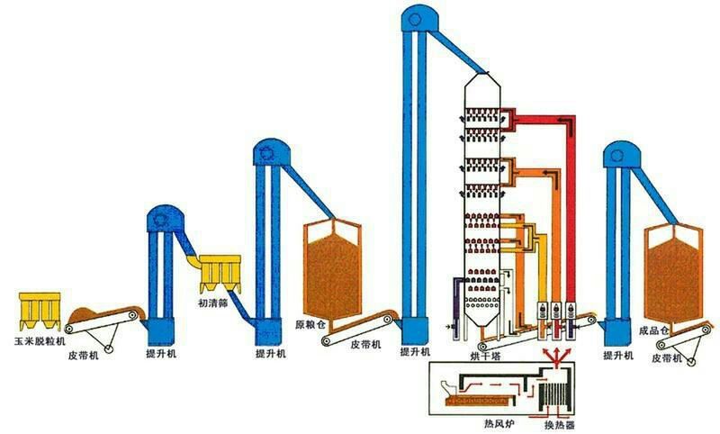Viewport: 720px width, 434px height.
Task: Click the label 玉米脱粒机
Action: pyautogui.click(x=40, y=341)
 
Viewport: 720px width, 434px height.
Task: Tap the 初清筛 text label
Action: pyautogui.click(x=213, y=303)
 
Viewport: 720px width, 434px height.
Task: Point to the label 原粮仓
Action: pyautogui.click(x=310, y=325)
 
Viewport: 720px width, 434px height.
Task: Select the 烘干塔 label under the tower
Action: pyautogui.click(x=485, y=356)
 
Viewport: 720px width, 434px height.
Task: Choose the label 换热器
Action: pyautogui.click(x=559, y=425)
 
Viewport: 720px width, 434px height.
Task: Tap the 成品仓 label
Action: pyautogui.click(x=654, y=330)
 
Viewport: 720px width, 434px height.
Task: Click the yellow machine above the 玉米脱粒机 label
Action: pyautogui.click(x=40, y=311)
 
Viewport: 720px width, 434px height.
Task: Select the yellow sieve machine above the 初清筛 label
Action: pyautogui.click(x=220, y=274)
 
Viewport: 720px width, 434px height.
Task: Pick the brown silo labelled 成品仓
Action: pyautogui.click(x=673, y=275)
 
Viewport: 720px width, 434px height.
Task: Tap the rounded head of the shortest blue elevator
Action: pyautogui.click(x=166, y=219)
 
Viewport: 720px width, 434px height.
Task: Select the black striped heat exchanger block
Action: pyautogui.click(x=555, y=396)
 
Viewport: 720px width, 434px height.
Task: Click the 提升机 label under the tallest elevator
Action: pyautogui.click(x=415, y=352)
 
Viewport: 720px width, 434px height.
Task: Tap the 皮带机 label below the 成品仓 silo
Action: pyautogui.click(x=667, y=357)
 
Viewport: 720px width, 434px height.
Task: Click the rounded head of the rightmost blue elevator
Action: pyautogui.click(x=621, y=155)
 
